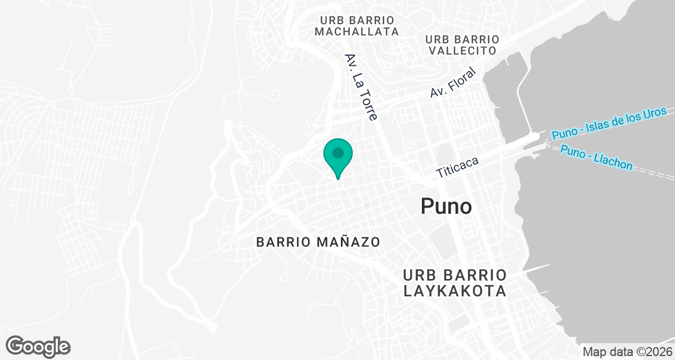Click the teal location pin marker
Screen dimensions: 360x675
point(337,157)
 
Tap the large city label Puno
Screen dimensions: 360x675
point(446,206)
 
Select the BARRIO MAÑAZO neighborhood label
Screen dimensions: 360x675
point(318,242)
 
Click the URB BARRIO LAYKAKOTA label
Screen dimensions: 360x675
point(455,283)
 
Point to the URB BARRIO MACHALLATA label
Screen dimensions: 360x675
point(357,26)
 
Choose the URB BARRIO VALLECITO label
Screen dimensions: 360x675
point(462,45)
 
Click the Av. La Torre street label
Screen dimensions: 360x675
point(361,87)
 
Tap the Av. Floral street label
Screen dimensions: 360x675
point(453,83)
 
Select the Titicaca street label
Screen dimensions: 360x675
point(457,167)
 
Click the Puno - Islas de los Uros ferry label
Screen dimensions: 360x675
point(609,123)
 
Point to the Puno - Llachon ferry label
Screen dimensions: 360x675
point(596,159)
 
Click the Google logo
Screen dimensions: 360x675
point(38,345)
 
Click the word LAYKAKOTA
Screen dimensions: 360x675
point(455,291)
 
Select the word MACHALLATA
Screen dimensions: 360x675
point(357,32)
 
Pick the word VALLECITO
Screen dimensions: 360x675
point(462,51)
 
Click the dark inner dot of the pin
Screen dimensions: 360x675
point(337,152)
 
